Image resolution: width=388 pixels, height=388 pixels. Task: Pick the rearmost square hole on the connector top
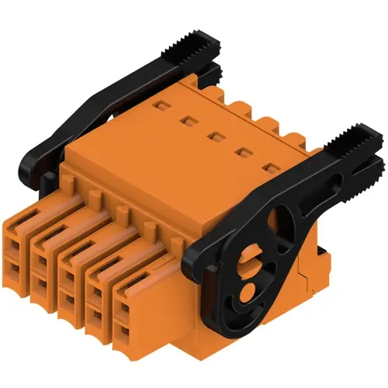pos(161,104)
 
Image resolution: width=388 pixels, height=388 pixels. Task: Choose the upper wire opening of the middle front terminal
pos(69,273)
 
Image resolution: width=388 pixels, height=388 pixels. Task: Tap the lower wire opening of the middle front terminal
pos(70,300)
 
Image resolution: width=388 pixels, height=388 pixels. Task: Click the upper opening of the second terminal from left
pos(41,255)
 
